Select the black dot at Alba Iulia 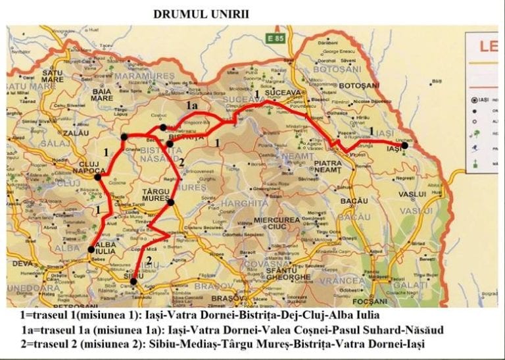pyautogui.click(x=91, y=249)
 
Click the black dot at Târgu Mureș pyautogui.click(x=170, y=202)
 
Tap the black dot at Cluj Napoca pyautogui.click(x=98, y=176)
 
